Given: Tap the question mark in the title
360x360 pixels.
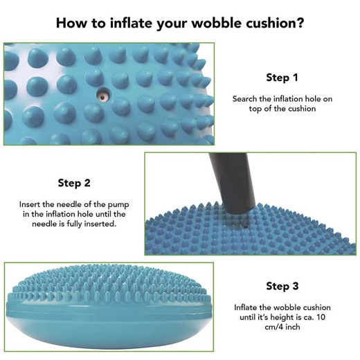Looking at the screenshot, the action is (300, 23).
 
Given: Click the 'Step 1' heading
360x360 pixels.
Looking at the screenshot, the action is (282, 78).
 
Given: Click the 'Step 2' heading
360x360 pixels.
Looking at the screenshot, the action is (74, 183).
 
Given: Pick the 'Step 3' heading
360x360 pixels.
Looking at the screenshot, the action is (282, 286).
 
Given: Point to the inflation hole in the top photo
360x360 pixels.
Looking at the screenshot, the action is (103, 96).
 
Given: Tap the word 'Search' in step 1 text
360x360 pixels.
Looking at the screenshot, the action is (244, 99).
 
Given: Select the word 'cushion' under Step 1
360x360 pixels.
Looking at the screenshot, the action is (302, 109).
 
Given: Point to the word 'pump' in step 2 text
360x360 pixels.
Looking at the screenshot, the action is (118, 205).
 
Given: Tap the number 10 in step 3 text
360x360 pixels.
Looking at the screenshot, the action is (321, 317).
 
